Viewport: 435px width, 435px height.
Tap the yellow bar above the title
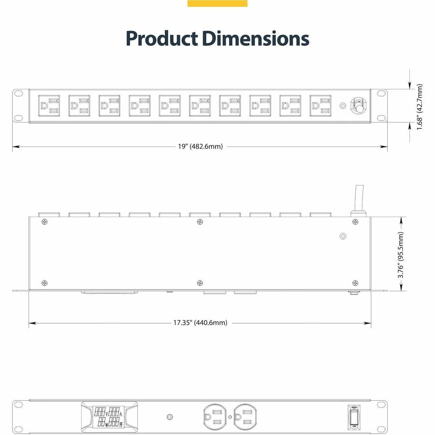tap(217, 3)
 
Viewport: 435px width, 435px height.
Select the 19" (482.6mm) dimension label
tap(200, 146)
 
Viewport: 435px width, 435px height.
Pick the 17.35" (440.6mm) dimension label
tap(200, 323)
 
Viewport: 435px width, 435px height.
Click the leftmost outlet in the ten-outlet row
tap(49, 105)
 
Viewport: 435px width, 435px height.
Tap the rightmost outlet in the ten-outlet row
tap(320, 105)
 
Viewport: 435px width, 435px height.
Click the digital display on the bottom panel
tap(107, 416)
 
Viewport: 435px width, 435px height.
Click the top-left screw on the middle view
tap(45, 221)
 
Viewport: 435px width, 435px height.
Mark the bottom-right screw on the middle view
tap(355, 283)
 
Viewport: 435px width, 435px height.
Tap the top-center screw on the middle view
tap(200, 221)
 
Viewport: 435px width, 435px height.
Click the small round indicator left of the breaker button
tap(343, 105)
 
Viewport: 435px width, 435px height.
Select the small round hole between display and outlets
tap(169, 417)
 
